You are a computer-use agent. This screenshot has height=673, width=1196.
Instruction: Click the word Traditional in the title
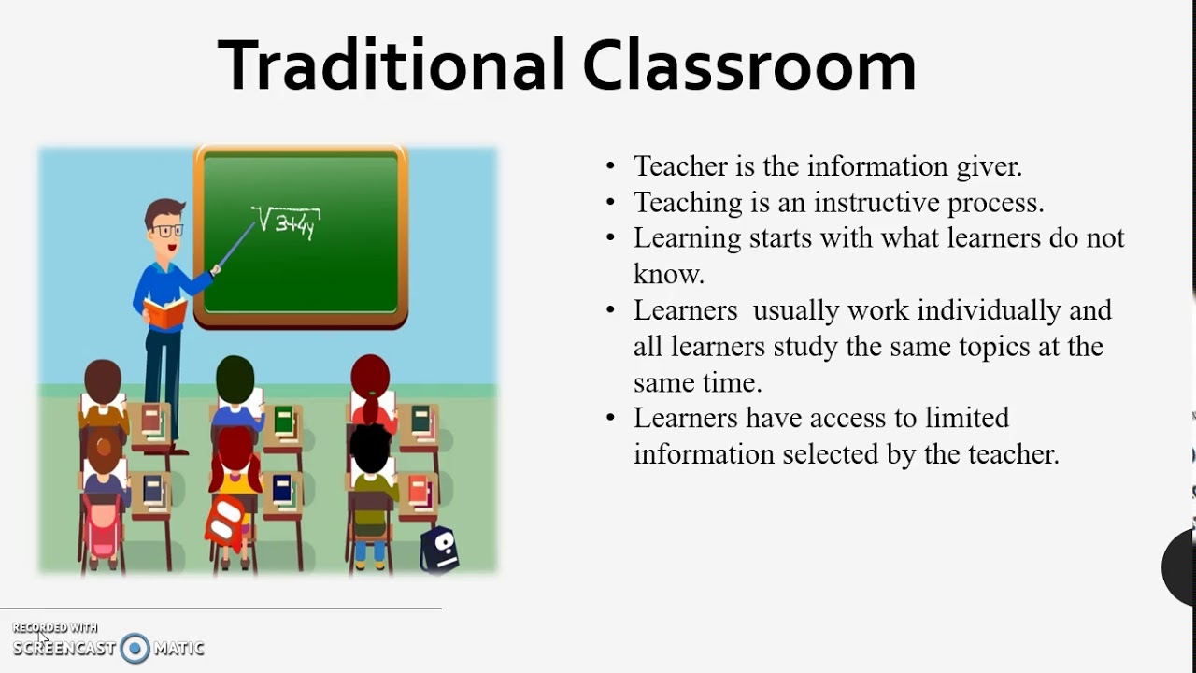click(x=392, y=65)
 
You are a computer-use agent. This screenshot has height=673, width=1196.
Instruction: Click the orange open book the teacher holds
click(x=164, y=312)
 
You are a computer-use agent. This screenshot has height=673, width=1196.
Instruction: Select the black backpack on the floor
click(x=438, y=550)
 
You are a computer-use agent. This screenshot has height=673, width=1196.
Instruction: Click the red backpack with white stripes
click(x=226, y=522)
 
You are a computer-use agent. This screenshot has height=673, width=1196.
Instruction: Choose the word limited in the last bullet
click(x=967, y=418)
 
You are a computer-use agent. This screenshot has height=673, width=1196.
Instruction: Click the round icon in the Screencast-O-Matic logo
click(x=135, y=648)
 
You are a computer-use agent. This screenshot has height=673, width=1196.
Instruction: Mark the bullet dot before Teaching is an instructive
click(x=611, y=203)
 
